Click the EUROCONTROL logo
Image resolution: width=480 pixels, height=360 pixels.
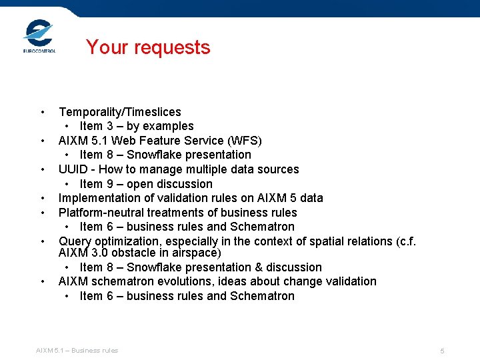39,37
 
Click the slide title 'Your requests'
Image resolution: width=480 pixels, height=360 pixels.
147,47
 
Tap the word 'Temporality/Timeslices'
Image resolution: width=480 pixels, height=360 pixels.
119,112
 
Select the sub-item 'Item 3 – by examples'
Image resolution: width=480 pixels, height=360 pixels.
136,126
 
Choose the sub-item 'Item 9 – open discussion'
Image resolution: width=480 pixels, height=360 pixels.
145,184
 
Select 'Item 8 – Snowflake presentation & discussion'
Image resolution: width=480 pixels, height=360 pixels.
200,267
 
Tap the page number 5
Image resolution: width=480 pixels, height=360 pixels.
442,351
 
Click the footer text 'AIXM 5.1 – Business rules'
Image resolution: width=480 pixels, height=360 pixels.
77,351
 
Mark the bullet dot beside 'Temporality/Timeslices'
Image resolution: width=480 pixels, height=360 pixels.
42,112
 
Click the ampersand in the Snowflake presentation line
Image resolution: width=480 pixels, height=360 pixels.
261,267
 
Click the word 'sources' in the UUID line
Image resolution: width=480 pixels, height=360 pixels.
279,169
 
